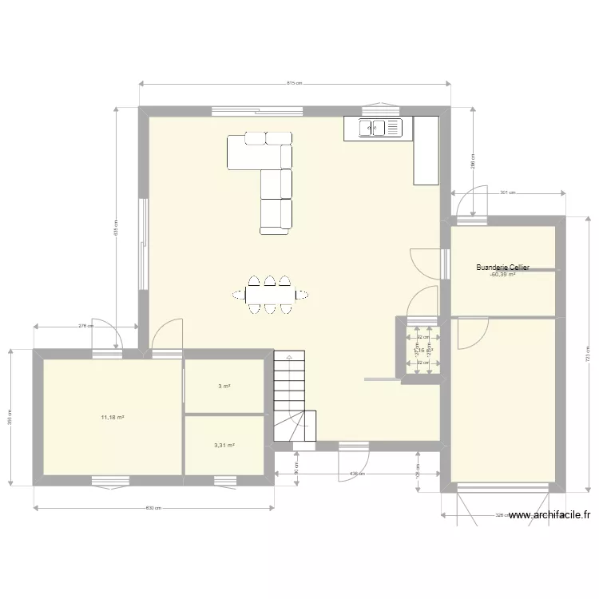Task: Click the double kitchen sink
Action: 376,126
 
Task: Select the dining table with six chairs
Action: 270,295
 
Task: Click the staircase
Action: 291,396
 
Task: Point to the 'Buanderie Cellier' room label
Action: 502,268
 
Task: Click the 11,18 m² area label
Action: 112,416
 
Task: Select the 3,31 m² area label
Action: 224,446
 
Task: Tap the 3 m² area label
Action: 224,387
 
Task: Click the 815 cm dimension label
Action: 293,83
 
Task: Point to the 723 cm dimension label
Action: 587,351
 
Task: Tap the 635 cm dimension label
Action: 116,228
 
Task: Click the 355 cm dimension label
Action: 10,416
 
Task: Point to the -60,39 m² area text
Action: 502,275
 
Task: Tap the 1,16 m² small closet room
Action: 422,350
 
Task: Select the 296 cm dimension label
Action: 473,161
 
